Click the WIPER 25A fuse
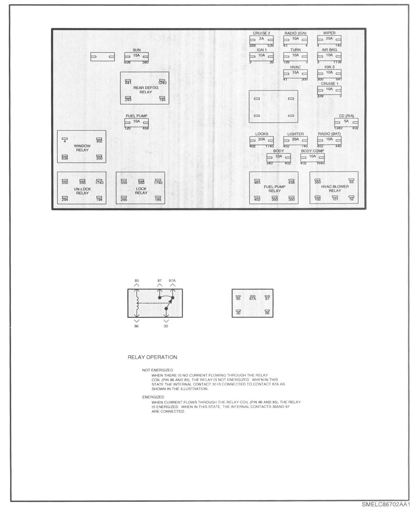(329, 40)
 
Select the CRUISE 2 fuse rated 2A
(261, 40)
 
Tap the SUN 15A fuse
(136, 56)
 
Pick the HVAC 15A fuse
(295, 74)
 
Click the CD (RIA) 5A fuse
(346, 122)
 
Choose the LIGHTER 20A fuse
(295, 140)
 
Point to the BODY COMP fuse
(312, 157)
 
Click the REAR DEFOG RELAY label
(146, 90)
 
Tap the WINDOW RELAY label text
(82, 148)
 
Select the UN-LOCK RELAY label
(82, 191)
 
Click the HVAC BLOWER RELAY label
(335, 188)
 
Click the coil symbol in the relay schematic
(137, 303)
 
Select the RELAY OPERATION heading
(152, 357)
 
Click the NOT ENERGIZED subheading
(157, 370)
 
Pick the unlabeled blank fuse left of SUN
(103, 57)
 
